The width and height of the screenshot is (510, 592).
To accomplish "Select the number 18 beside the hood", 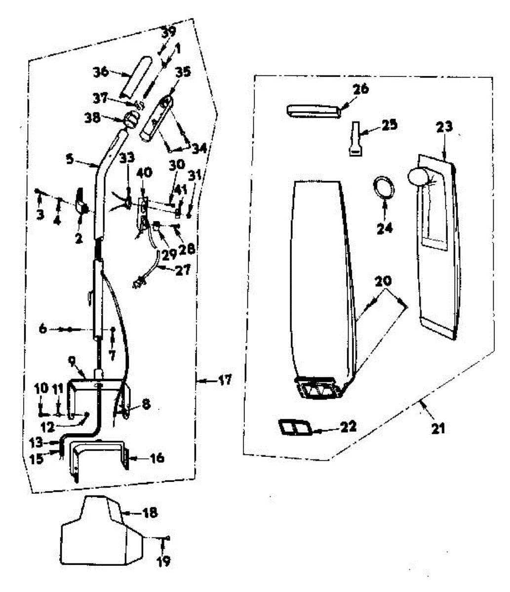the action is [x=150, y=513].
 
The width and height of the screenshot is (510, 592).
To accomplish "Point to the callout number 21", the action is [x=437, y=429].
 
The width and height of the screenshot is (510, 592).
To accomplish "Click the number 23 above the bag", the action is [x=444, y=126].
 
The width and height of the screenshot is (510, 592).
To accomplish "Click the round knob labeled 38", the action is [x=132, y=119].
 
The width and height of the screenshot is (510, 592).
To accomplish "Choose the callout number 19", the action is [x=164, y=560].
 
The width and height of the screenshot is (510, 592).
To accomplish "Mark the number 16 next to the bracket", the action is [x=157, y=459].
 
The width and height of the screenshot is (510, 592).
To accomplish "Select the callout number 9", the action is [x=72, y=361].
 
